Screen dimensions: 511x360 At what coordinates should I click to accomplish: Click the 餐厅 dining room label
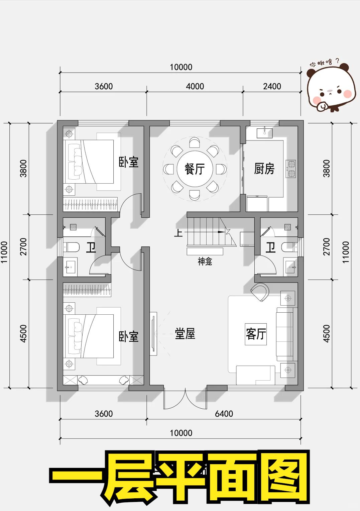point(195,169)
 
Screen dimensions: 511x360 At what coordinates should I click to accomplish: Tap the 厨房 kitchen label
point(264,169)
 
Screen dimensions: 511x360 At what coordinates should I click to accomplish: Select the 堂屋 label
point(185,333)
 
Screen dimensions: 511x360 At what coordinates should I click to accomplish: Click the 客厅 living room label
point(256,334)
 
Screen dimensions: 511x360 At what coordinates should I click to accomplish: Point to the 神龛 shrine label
point(205,262)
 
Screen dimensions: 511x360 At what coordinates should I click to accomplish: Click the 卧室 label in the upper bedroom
point(129,162)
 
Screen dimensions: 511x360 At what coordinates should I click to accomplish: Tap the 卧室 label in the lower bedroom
point(129,336)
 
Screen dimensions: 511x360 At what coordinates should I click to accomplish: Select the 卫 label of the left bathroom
point(91,247)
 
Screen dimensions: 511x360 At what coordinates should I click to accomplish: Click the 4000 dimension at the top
point(195,86)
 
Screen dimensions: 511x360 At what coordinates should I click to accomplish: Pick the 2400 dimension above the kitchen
point(272,86)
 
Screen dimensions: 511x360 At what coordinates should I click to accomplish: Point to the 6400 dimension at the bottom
point(224,414)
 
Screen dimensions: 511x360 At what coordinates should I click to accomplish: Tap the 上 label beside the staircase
point(178,233)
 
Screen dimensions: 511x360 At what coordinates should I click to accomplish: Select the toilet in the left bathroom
point(72,247)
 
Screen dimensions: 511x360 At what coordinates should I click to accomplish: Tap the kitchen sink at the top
point(265,132)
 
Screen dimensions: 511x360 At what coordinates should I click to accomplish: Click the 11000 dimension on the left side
point(4,252)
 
